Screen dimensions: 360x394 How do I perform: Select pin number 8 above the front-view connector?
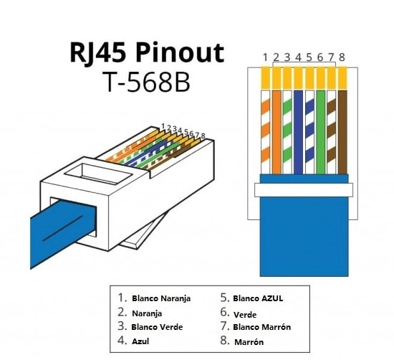(x=342, y=57)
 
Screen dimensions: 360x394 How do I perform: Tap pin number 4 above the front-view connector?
(x=298, y=57)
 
